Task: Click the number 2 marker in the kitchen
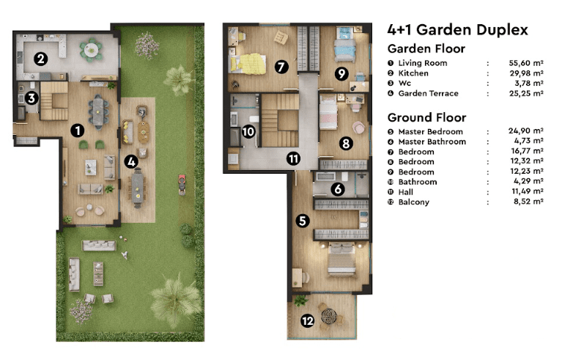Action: (40, 59)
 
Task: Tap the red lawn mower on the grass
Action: (182, 185)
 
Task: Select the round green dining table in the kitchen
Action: (91, 49)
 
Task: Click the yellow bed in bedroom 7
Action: (248, 63)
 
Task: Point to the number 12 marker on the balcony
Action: (308, 320)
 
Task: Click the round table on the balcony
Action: (328, 317)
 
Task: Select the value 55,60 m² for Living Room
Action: (526, 63)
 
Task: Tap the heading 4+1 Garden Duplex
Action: (458, 30)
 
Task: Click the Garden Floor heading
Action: (426, 49)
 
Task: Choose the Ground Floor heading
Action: (427, 118)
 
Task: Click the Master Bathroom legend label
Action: (432, 142)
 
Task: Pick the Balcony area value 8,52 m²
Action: (528, 202)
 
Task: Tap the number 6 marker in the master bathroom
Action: (338, 189)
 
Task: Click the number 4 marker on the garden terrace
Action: (131, 162)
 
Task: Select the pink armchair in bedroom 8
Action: (358, 128)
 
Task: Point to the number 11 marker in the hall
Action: (294, 159)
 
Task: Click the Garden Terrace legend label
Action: (429, 93)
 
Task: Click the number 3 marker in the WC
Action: (32, 98)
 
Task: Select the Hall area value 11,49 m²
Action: (528, 191)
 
